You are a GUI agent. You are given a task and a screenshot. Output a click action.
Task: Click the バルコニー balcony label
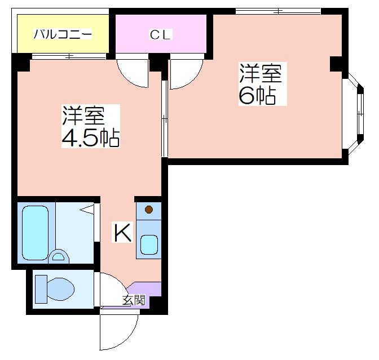[63, 34]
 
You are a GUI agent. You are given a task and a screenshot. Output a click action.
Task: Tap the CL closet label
[160, 35]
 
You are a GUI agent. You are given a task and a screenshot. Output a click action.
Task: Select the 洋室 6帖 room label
[261, 84]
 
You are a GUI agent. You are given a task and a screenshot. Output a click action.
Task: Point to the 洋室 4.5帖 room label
[91, 126]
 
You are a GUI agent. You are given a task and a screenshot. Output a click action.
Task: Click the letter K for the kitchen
[122, 233]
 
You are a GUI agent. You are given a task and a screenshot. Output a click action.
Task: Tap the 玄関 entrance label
[134, 300]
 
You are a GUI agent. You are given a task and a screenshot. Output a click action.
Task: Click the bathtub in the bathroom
[36, 233]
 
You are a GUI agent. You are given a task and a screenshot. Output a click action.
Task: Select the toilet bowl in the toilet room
[60, 289]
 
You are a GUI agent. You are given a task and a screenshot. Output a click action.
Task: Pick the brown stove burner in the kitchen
[149, 210]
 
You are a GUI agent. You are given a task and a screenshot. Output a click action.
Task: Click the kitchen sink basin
[149, 245]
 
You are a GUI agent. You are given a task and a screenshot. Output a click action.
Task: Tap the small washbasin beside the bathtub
[59, 256]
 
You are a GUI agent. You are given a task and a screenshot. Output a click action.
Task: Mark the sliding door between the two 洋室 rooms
[165, 118]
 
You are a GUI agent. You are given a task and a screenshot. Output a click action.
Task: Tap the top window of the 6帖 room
[278, 11]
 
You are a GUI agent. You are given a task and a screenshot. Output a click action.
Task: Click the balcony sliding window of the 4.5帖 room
[69, 56]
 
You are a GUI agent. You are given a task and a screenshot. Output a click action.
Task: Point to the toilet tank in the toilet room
[41, 289]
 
